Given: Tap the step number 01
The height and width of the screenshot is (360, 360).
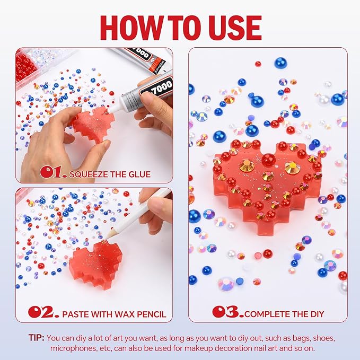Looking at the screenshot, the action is click(x=53, y=172).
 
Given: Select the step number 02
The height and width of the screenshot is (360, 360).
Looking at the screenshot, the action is click(x=43, y=312).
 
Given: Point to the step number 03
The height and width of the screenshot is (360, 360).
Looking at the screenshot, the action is click(x=228, y=312).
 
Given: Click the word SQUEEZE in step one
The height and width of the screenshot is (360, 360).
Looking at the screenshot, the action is click(x=89, y=174).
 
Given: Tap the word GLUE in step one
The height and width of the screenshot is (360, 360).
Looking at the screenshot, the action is click(x=139, y=174).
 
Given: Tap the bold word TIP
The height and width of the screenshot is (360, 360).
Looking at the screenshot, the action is click(x=36, y=338).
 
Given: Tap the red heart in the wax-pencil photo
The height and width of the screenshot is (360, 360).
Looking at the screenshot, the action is click(x=96, y=264).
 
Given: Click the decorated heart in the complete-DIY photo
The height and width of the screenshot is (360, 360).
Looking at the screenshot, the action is click(x=266, y=183).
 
